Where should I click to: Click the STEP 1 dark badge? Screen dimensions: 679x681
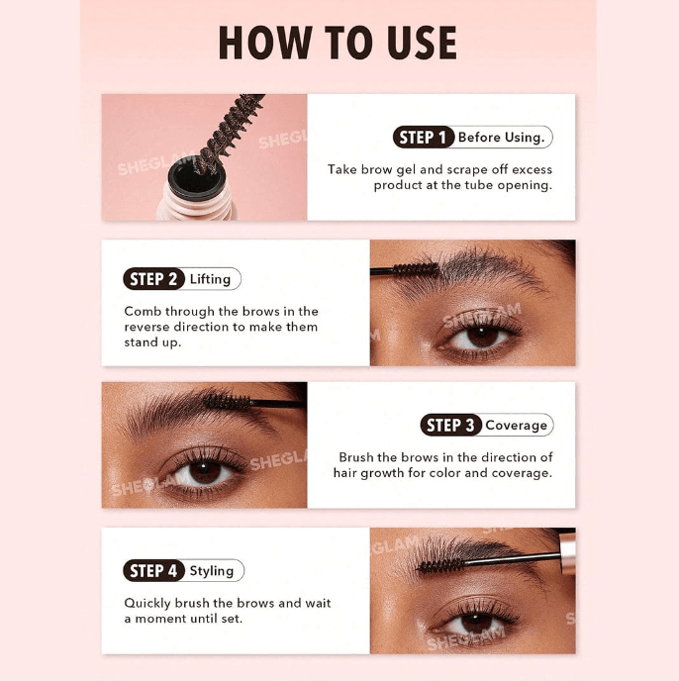click(x=424, y=138)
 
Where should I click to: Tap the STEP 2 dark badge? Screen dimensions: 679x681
click(x=153, y=279)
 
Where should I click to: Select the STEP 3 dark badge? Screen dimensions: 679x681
click(x=451, y=425)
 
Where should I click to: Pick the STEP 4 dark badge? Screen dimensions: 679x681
click(x=153, y=571)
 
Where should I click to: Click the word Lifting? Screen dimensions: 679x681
click(x=210, y=279)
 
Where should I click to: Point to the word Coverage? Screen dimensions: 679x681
click(x=516, y=426)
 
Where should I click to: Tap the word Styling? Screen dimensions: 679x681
click(x=212, y=571)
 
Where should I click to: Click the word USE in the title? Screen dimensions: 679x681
click(x=422, y=43)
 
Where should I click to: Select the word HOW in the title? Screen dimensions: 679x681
click(x=265, y=43)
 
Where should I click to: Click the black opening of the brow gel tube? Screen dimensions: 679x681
click(x=197, y=179)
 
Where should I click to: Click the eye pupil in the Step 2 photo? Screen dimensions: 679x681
click(x=482, y=337)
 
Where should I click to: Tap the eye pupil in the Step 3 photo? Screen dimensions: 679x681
click(x=205, y=472)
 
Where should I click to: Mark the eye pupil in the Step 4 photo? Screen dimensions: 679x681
click(x=476, y=623)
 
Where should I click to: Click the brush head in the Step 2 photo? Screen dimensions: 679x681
click(x=416, y=269)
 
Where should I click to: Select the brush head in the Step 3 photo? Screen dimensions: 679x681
click(x=227, y=401)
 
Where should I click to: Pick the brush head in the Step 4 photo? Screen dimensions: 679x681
click(x=440, y=565)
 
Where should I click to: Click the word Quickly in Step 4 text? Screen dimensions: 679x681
click(x=147, y=603)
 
